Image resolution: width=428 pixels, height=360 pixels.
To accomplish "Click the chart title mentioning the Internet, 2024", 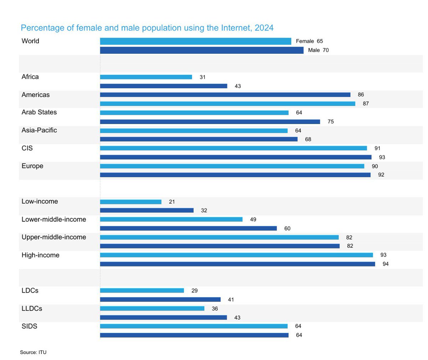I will click(x=147, y=28).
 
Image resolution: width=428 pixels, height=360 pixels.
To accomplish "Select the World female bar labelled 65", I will click(x=195, y=41).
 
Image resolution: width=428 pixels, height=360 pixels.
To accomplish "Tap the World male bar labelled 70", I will click(x=202, y=50).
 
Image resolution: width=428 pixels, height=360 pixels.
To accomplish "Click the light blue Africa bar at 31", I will click(x=146, y=77).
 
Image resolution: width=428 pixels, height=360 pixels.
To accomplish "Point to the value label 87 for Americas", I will click(x=366, y=104).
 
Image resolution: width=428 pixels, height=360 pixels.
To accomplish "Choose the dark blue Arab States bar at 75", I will click(x=210, y=122).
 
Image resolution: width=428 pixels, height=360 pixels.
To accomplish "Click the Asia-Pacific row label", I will click(x=39, y=130).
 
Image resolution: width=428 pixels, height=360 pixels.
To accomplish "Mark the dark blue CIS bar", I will click(x=235, y=157).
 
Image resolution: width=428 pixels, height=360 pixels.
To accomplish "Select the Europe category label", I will click(x=32, y=166).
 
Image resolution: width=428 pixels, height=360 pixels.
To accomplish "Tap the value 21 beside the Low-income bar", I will click(x=172, y=202).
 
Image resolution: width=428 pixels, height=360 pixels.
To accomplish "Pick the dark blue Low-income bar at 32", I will click(x=147, y=211).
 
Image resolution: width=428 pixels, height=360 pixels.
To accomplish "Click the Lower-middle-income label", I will click(x=54, y=220).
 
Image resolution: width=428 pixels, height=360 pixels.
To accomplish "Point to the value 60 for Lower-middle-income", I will click(x=287, y=228).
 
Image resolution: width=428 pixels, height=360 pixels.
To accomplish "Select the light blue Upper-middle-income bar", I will click(x=219, y=237).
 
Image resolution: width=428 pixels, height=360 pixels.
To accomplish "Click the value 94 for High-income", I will click(x=385, y=264).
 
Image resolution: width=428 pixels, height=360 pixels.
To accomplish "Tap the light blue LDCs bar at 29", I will click(x=142, y=291).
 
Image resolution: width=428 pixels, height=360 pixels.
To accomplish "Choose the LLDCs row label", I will click(x=32, y=309).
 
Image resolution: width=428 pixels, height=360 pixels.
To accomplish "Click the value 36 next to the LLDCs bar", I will click(x=215, y=309).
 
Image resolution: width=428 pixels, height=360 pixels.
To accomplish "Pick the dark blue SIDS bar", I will click(x=194, y=335).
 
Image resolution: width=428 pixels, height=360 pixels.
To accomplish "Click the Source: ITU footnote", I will click(x=33, y=353).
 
